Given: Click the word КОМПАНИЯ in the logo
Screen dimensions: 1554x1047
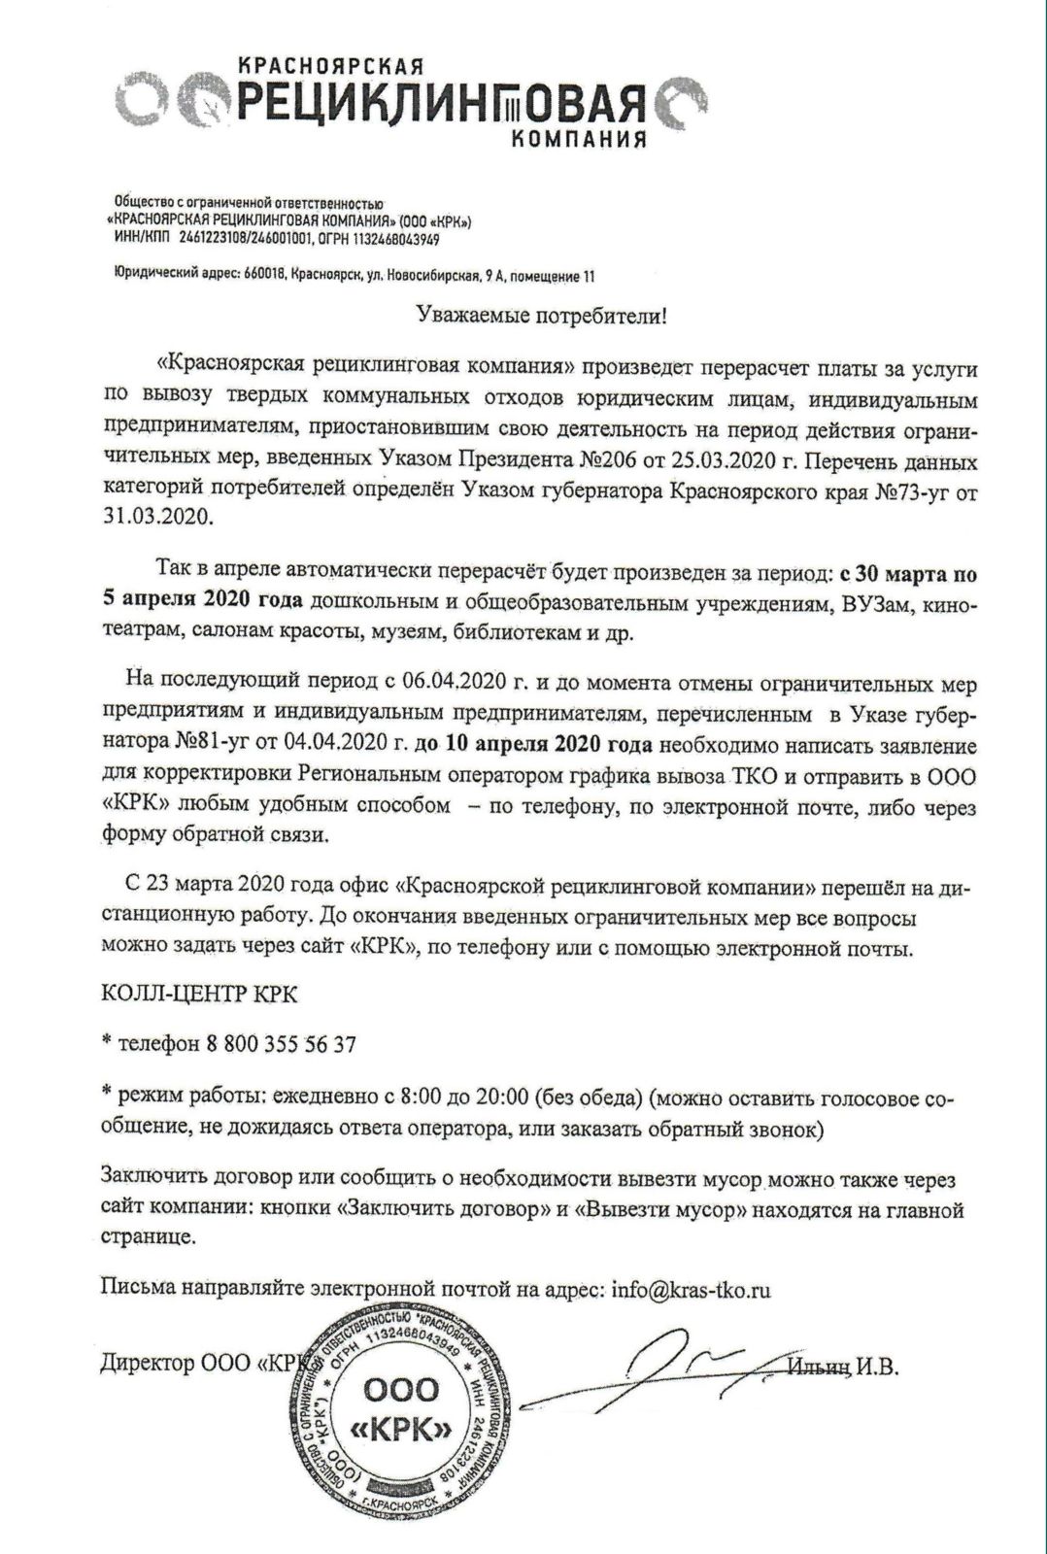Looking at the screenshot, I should pos(579,139).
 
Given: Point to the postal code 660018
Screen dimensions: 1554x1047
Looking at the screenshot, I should pos(263,278).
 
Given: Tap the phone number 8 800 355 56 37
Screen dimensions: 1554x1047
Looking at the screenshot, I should pos(282,1045).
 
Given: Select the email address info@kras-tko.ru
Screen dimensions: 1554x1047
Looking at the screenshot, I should pos(692,1291).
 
